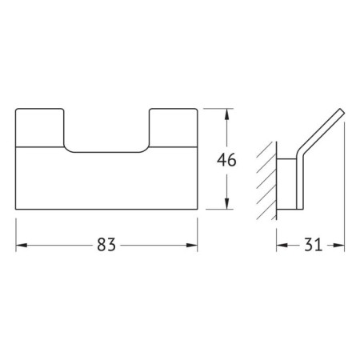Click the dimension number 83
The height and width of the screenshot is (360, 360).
[x=106, y=245]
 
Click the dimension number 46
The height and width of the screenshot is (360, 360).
[x=226, y=160]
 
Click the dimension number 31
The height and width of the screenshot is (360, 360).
[x=313, y=245]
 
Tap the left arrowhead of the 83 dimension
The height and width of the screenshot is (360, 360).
[x=22, y=245]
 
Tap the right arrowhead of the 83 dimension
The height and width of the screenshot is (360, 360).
[x=192, y=245]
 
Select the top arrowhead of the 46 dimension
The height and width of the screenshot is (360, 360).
[x=226, y=114]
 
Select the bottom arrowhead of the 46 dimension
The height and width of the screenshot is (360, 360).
[x=226, y=204]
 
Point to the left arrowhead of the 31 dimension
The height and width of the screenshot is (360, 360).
[x=282, y=245]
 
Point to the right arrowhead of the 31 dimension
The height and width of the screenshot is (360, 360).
[x=338, y=245]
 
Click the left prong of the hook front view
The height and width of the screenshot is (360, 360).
[x=40, y=127]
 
